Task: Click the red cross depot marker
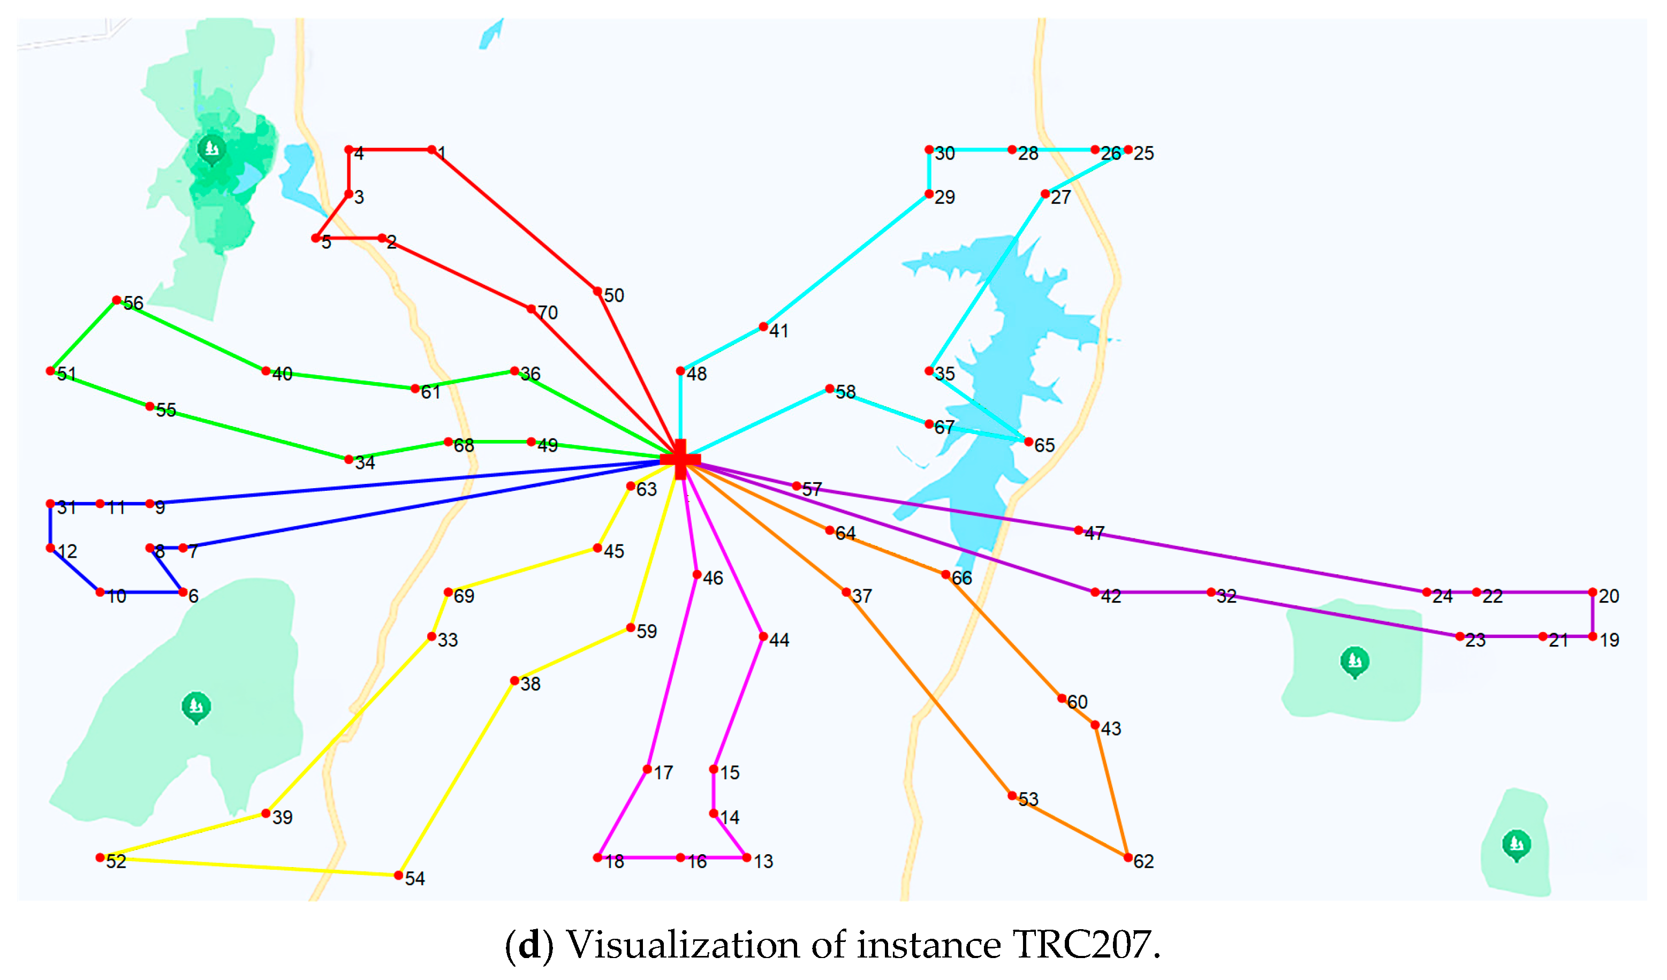click(x=680, y=459)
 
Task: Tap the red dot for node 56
click(x=116, y=300)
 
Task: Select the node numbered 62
click(x=1128, y=857)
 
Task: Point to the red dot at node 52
click(x=100, y=857)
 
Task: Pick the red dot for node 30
click(x=929, y=150)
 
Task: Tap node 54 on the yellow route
click(x=398, y=876)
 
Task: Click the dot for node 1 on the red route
click(x=431, y=150)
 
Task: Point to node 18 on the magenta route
click(x=597, y=857)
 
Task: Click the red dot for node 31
click(x=50, y=504)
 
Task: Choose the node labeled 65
click(x=1029, y=442)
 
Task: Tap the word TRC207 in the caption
click(x=1083, y=944)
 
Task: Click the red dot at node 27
click(x=1045, y=194)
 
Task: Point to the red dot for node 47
click(x=1078, y=530)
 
